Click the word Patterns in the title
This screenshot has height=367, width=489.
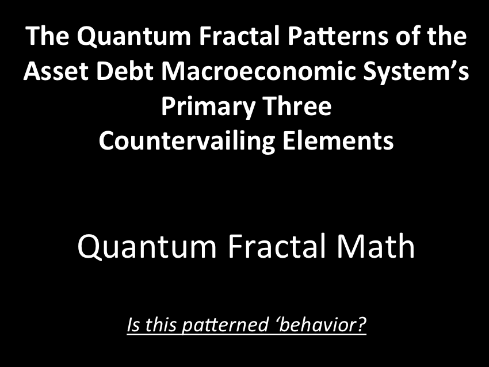[x=339, y=36]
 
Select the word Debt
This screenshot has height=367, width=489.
[x=125, y=71]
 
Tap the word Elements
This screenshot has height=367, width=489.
[x=338, y=140]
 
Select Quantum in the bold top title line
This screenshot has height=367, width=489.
[x=134, y=37]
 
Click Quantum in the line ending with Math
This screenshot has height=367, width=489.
[x=147, y=247]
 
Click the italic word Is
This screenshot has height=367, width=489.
[x=133, y=324]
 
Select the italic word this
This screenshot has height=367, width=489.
[x=161, y=324]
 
